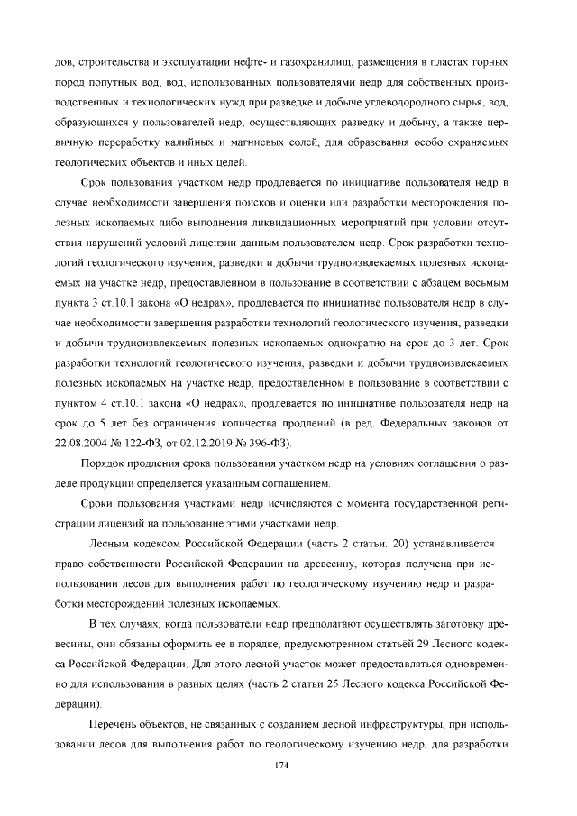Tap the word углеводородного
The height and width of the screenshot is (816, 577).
pyautogui.click(x=414, y=103)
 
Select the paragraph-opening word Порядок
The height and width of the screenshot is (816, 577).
pyautogui.click(x=107, y=464)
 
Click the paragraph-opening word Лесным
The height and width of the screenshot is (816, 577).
pyautogui.click(x=112, y=545)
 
